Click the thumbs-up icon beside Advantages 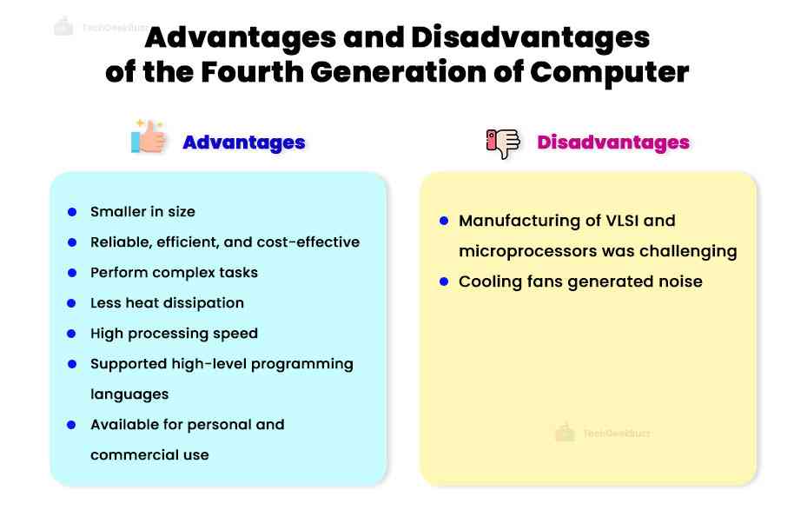tap(149, 137)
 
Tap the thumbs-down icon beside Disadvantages tap(503, 142)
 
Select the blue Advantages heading tap(243, 142)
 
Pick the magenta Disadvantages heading tap(613, 142)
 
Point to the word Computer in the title tap(610, 72)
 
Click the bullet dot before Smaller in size tap(72, 212)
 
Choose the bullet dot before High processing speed tap(72, 334)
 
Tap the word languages tap(129, 394)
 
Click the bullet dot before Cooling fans tap(443, 281)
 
